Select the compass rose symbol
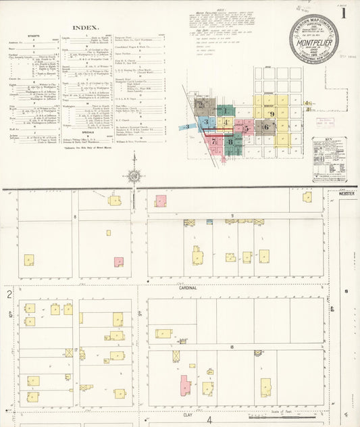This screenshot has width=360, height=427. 134,177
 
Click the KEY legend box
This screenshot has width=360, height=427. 329,159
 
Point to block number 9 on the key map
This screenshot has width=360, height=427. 272,114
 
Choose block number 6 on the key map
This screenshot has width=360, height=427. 266,126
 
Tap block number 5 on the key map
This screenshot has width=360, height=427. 247,127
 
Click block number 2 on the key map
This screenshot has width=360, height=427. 201,105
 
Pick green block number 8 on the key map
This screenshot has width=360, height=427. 231,142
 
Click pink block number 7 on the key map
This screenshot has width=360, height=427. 214,141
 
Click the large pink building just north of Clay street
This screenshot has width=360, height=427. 184,386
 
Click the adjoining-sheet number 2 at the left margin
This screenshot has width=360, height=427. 9,294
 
